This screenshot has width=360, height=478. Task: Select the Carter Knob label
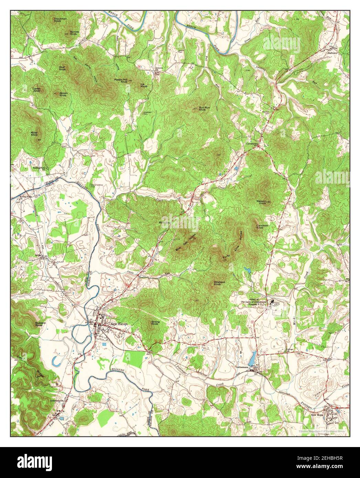click(x=36, y=90)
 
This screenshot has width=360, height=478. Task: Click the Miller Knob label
click(x=34, y=133)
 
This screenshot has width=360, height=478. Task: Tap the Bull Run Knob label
click(x=204, y=109)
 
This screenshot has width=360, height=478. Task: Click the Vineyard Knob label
click(x=219, y=283)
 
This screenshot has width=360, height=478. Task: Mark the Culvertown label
click(x=252, y=144)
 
